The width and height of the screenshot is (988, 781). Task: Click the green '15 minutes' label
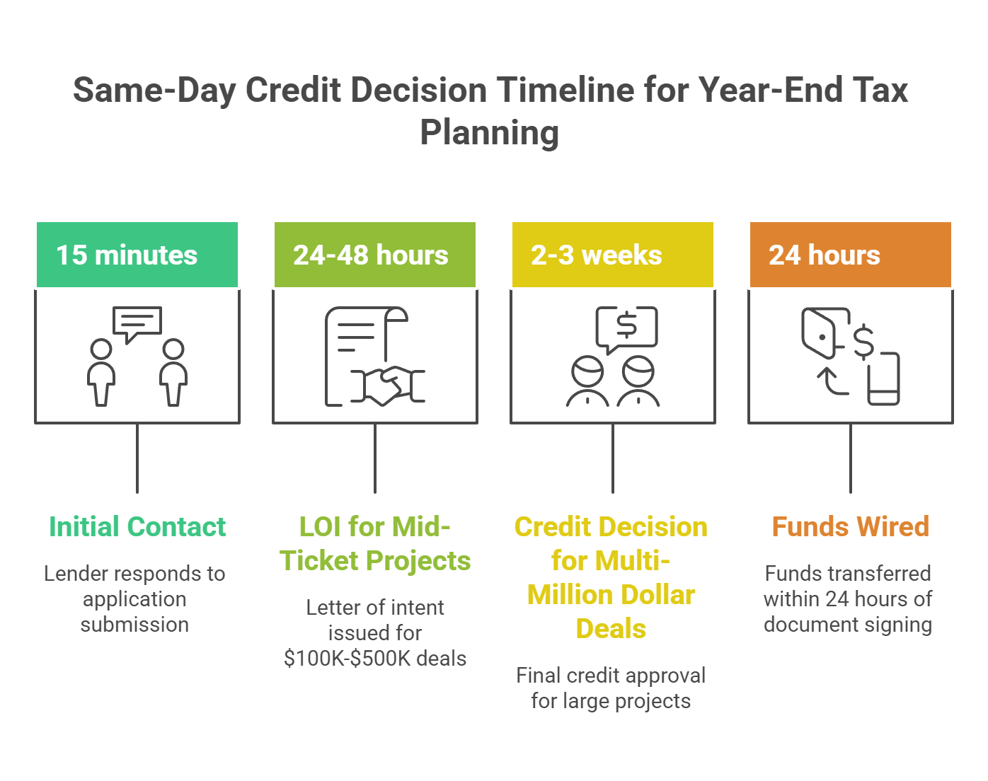[127, 255]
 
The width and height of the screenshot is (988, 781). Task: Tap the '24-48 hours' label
[371, 255]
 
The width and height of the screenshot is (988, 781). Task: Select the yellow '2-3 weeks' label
[597, 255]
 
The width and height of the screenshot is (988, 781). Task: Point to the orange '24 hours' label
[825, 255]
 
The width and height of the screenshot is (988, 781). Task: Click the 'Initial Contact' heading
[137, 526]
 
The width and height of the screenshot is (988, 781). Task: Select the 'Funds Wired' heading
[851, 526]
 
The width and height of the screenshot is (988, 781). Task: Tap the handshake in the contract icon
[388, 386]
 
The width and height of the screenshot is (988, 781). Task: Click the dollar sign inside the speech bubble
[626, 325]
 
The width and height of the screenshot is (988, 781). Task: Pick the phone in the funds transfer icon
[883, 378]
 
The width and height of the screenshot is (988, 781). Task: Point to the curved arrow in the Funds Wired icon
[832, 382]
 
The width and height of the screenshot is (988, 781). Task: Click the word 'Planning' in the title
[490, 133]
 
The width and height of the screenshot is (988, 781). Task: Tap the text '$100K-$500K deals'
[375, 658]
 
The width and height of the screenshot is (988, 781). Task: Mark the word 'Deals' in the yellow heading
[611, 628]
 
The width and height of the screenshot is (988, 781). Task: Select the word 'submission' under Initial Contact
[134, 625]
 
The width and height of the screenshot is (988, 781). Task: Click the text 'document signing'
[848, 625]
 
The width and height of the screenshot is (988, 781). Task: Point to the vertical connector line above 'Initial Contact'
[137, 458]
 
